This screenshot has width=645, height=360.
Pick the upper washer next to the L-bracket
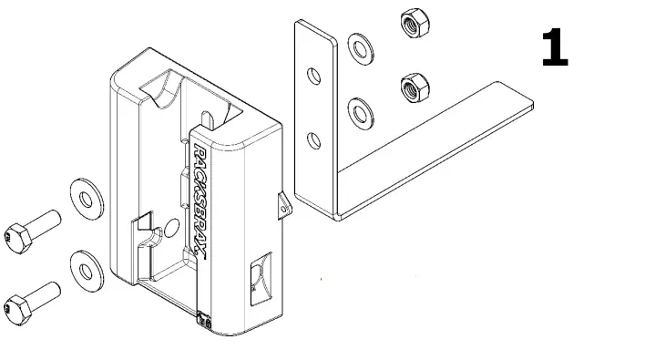tap(363, 46)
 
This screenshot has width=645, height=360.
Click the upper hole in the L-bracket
tap(314, 76)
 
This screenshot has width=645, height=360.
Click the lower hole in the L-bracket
tap(314, 139)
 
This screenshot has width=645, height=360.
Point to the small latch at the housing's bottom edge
tap(205, 322)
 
